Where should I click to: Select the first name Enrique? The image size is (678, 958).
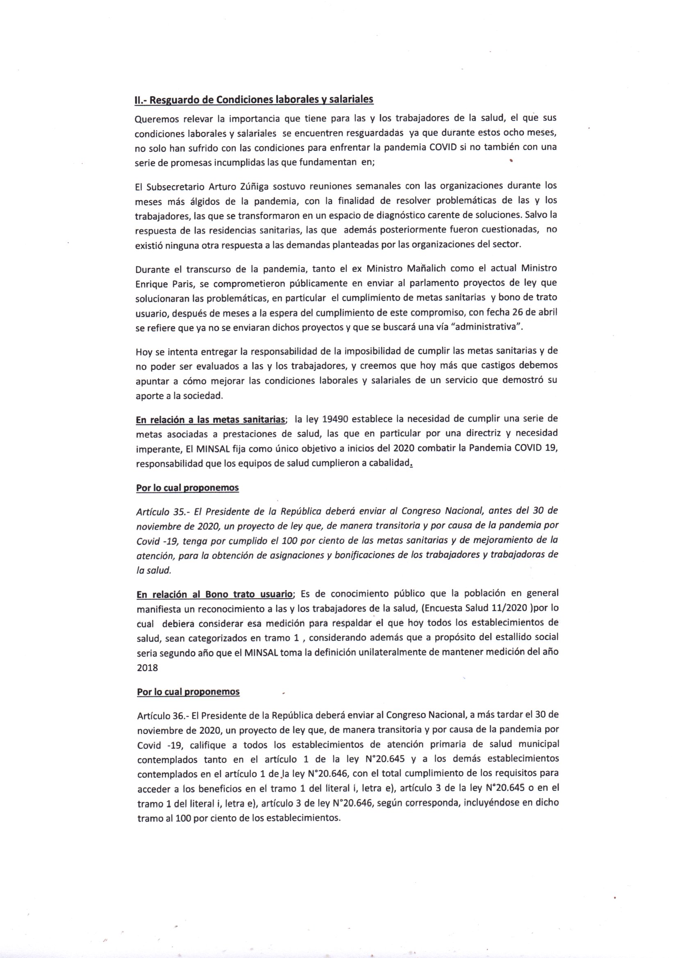click(151, 284)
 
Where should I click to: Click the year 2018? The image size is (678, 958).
click(148, 667)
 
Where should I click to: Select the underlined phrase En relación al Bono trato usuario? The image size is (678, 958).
click(215, 594)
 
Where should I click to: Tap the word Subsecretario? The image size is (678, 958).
click(175, 186)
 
